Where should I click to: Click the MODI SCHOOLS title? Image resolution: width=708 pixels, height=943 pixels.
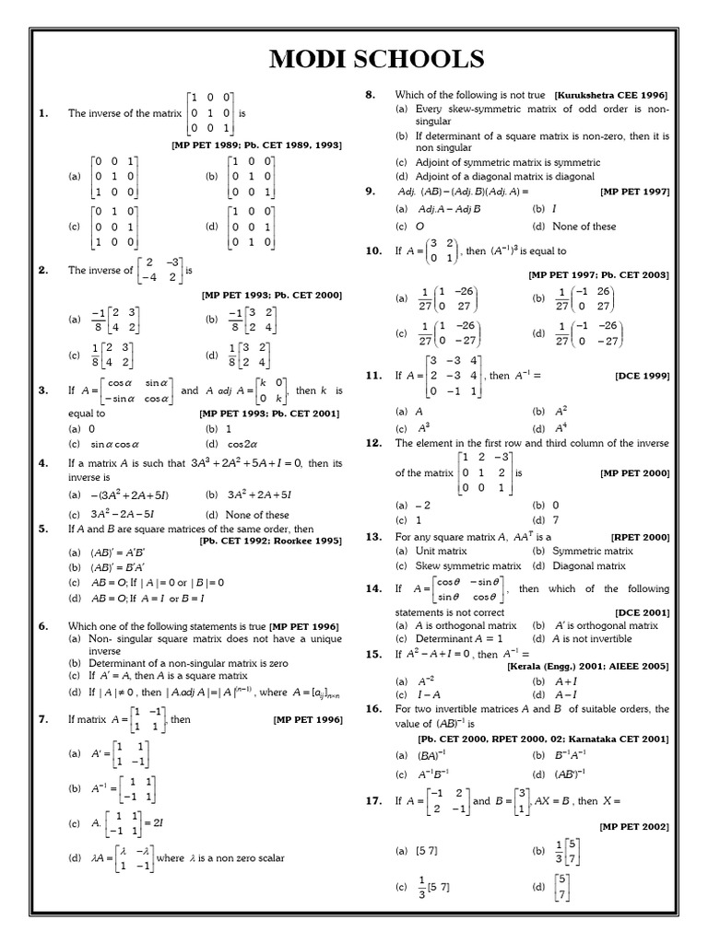[x=376, y=59]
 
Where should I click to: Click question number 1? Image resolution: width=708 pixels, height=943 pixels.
[x=42, y=113]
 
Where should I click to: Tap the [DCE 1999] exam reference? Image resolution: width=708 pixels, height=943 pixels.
[x=642, y=376]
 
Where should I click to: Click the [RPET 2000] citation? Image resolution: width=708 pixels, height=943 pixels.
[x=639, y=536]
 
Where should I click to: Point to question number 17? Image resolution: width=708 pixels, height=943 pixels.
[x=373, y=801]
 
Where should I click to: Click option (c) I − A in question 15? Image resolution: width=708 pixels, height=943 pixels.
[x=419, y=693]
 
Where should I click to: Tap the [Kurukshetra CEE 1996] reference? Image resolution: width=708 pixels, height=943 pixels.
[x=611, y=95]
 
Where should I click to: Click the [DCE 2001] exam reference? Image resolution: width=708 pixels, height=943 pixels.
[x=642, y=611]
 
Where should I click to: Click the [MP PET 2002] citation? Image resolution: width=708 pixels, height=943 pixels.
[x=634, y=827]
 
